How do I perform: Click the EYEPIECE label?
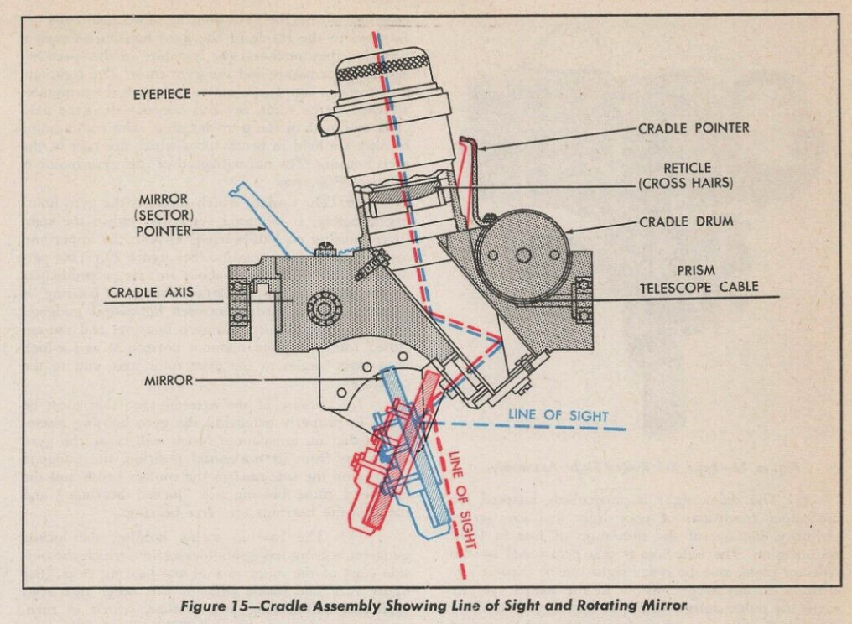click(x=162, y=95)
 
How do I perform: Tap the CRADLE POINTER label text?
click(x=694, y=128)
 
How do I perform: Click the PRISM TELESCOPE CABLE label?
click(x=699, y=278)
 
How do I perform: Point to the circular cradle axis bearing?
click(x=324, y=308)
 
